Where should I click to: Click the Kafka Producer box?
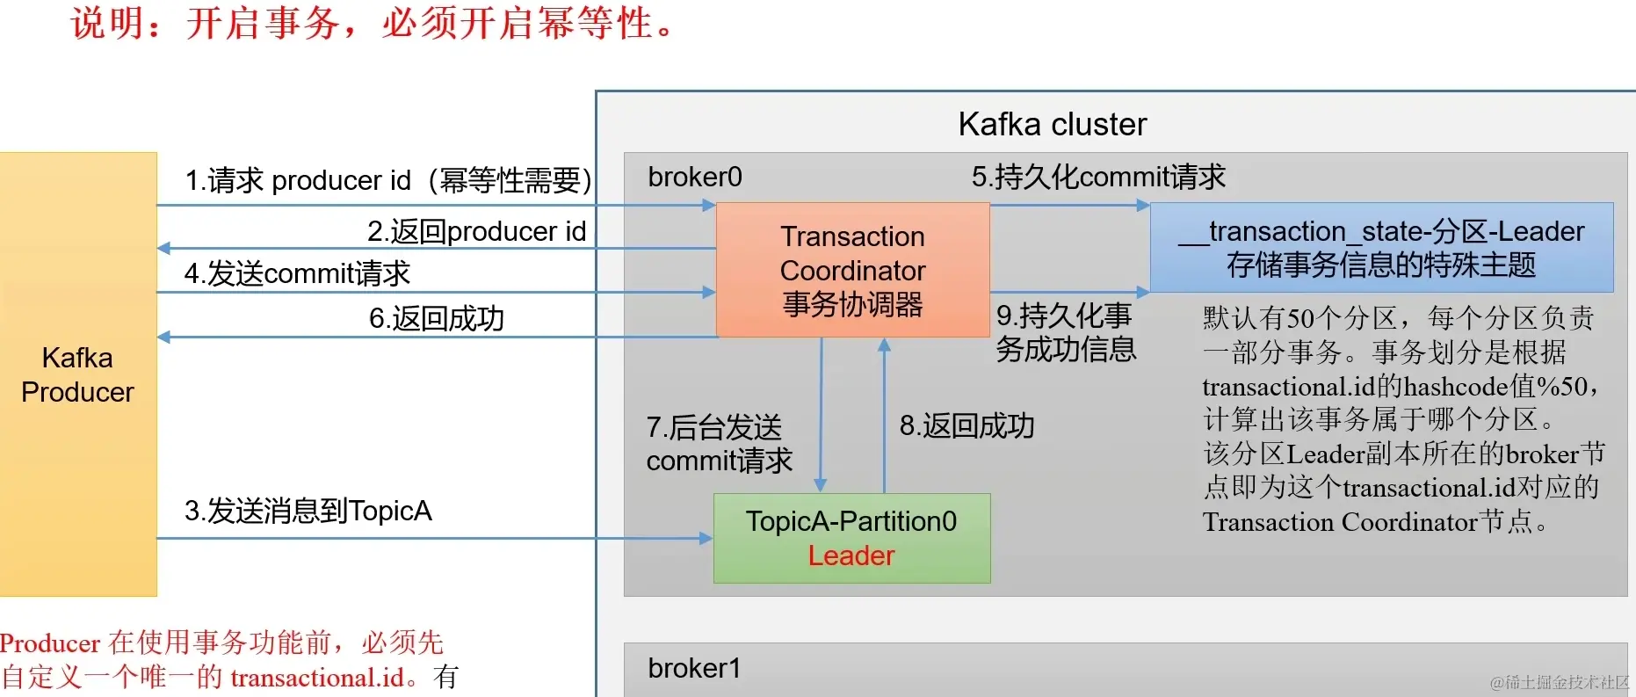tap(78, 374)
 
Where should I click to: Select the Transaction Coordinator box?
tap(852, 270)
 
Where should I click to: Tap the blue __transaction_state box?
tap(1381, 247)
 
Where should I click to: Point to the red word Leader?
tap(851, 555)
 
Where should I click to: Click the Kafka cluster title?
tap(1052, 125)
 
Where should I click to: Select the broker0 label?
tap(695, 178)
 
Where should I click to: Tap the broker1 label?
tap(694, 669)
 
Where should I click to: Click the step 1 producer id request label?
tap(387, 180)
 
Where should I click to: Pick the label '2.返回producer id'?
tap(476, 231)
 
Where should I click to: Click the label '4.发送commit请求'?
tap(297, 274)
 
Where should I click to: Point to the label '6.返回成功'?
tap(437, 318)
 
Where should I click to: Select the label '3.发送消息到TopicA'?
tap(308, 511)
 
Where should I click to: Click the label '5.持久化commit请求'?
tap(1097, 177)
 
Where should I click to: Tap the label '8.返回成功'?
tap(966, 426)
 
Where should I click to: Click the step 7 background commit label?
tap(719, 444)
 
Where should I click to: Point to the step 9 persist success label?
tap(1065, 332)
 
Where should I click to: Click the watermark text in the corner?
tap(1559, 682)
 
